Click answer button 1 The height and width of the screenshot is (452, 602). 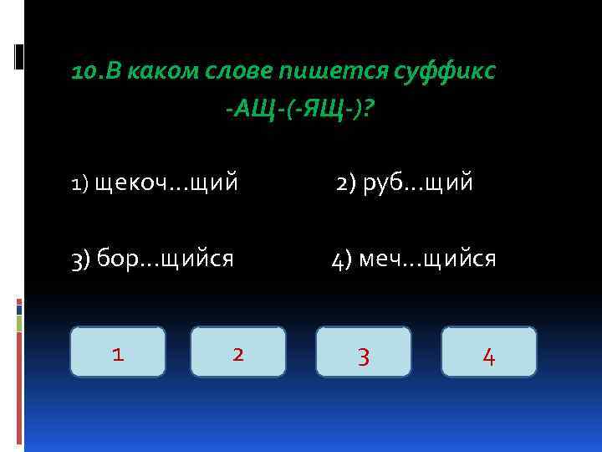[x=118, y=352]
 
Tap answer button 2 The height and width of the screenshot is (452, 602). [x=238, y=352]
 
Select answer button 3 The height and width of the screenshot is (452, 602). [x=364, y=352]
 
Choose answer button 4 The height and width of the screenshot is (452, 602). [x=489, y=352]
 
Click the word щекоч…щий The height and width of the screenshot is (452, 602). [x=167, y=182]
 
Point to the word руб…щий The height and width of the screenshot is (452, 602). [x=419, y=182]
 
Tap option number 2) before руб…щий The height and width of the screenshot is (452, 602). [x=346, y=182]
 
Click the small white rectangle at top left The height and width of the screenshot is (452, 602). [x=19, y=56]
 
